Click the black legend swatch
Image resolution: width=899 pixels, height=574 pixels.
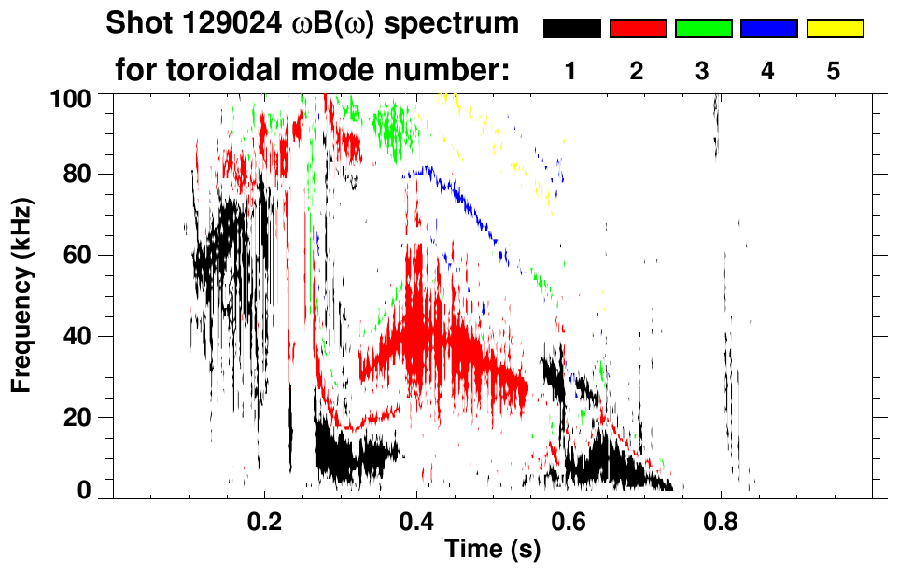(x=572, y=29)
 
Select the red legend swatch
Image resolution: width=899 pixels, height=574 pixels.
(x=638, y=29)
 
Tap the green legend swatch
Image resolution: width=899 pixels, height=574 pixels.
(x=703, y=29)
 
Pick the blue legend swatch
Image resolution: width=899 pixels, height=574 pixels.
(x=768, y=29)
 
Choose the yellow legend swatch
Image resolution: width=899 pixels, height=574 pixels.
(x=834, y=29)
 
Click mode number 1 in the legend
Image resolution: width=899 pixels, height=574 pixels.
(x=571, y=71)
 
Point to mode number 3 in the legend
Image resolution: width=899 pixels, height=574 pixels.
(x=702, y=71)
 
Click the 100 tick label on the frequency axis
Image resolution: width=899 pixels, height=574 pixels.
(x=72, y=97)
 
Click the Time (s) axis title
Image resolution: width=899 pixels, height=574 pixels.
(x=492, y=551)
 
